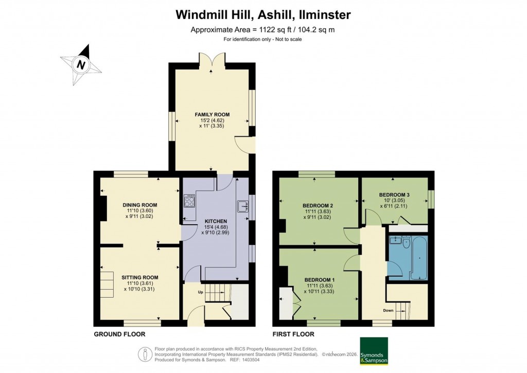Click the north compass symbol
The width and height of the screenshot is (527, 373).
[81, 65]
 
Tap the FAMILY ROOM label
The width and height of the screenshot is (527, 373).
[212, 114]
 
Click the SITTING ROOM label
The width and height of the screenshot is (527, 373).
[139, 277]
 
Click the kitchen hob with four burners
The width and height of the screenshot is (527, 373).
[189, 200]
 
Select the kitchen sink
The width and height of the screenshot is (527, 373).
[242, 207]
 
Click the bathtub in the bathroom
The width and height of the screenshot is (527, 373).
[418, 258]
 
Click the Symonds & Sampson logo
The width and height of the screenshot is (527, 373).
[374, 351]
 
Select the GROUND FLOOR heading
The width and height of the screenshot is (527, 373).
[119, 334]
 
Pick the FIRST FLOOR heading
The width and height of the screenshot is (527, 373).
[293, 334]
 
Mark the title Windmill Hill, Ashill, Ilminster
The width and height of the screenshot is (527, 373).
[263, 14]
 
